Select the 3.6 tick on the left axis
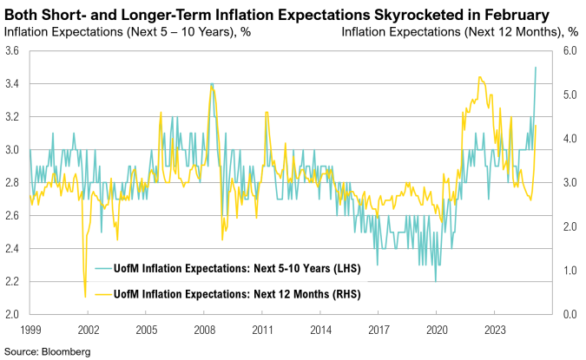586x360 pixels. point(13,51)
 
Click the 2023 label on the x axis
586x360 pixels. point(494,330)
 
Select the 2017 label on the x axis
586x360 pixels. point(378,330)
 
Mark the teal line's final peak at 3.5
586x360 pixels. point(536,68)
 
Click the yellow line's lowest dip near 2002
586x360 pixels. point(85,297)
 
